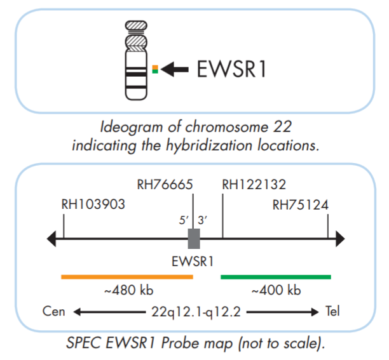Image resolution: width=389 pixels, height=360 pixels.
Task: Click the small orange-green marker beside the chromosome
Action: pyautogui.click(x=154, y=68)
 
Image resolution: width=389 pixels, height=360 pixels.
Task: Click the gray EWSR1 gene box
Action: pyautogui.click(x=194, y=239)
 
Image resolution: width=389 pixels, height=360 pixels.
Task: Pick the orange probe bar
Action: pyautogui.click(x=126, y=277)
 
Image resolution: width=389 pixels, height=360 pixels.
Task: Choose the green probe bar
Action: pyautogui.click(x=275, y=277)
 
